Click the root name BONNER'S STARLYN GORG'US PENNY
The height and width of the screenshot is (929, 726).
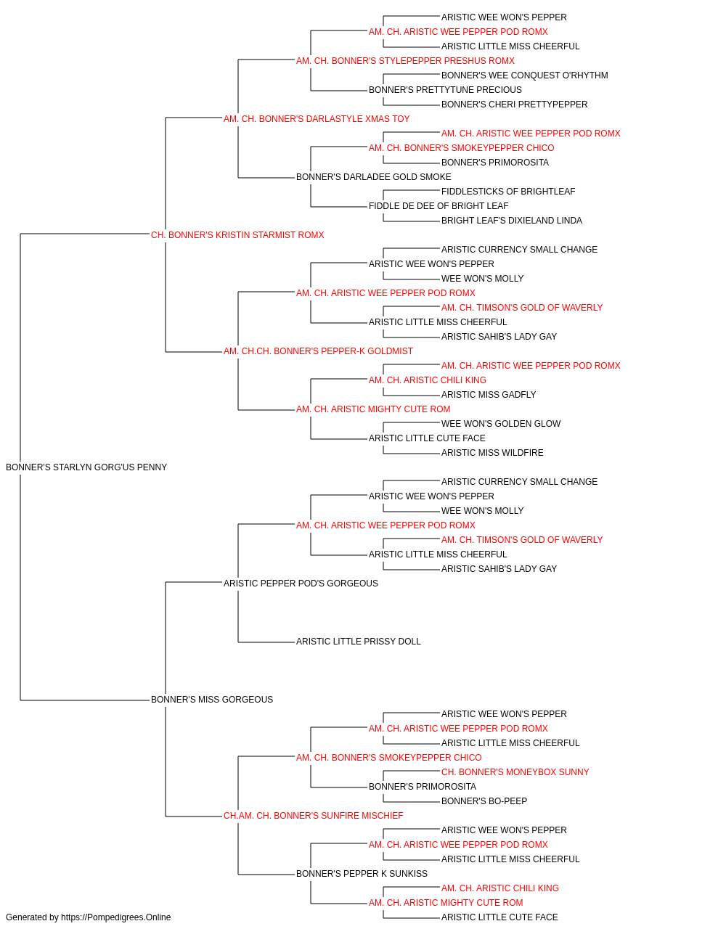coord(86,467)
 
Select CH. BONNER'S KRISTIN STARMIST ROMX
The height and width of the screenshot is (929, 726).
coord(237,235)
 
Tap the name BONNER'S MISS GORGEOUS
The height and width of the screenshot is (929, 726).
coord(212,700)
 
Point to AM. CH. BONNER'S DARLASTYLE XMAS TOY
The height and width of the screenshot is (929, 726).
coord(317,119)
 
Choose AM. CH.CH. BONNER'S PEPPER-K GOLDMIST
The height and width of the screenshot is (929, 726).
coord(318,351)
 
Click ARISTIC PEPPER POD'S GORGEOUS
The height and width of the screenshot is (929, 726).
coord(301,583)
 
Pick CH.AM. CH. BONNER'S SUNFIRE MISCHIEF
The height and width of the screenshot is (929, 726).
coord(314,816)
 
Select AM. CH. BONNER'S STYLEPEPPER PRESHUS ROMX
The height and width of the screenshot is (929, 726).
coord(405,61)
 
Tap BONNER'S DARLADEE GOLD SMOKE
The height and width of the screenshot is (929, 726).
coord(374,177)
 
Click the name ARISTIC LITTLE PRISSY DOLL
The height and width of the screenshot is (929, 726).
coord(359,642)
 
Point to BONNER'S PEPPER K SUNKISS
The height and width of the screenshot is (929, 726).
coord(362,874)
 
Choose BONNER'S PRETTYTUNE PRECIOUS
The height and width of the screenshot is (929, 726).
coord(445,90)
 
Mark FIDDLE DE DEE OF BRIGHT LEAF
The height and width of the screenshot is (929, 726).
coord(439,206)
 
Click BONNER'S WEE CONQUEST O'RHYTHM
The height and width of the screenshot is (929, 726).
coord(525,75)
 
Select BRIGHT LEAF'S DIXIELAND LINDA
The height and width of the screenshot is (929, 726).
coord(512,221)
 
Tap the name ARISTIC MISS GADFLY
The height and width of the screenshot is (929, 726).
coord(489,395)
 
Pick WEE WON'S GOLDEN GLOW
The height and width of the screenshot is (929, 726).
coord(501,424)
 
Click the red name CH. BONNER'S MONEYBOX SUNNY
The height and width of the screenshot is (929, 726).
coord(515,772)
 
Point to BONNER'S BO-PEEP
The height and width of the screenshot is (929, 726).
coord(484,801)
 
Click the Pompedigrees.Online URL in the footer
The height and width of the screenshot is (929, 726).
coord(116,917)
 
